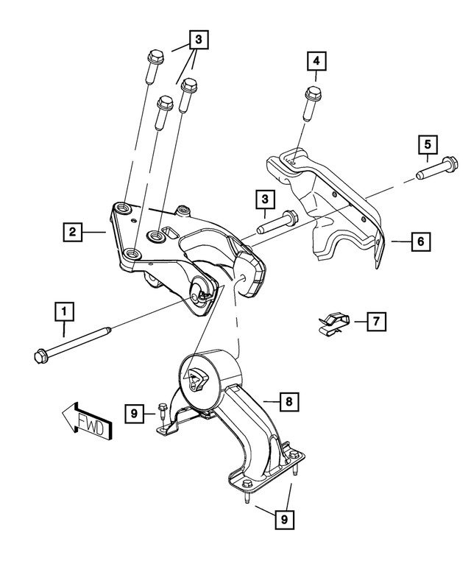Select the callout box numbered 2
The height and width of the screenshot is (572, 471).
pyautogui.click(x=71, y=232)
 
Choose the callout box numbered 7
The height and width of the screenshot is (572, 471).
pyautogui.click(x=375, y=321)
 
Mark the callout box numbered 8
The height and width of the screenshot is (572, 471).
pyautogui.click(x=288, y=401)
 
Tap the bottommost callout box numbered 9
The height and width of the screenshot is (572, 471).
pyautogui.click(x=282, y=520)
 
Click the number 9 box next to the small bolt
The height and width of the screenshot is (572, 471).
pyautogui.click(x=134, y=415)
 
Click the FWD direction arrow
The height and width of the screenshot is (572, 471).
pyautogui.click(x=87, y=423)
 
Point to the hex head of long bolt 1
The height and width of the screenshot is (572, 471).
pyautogui.click(x=41, y=356)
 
